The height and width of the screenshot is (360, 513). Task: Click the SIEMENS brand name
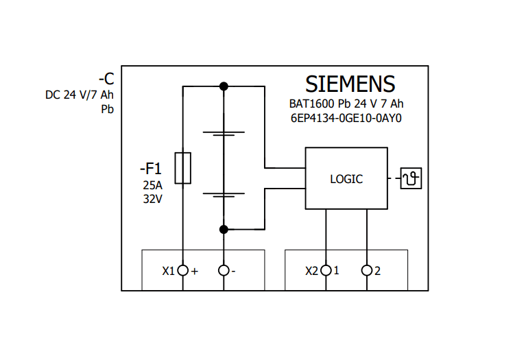click(x=350, y=84)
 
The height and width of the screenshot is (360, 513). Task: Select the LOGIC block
click(x=346, y=178)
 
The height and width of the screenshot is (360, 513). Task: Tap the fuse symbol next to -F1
click(x=182, y=168)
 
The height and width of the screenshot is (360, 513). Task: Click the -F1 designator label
click(x=150, y=168)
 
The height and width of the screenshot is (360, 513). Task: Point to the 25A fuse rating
click(x=153, y=185)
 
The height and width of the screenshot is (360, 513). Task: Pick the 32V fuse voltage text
click(x=153, y=200)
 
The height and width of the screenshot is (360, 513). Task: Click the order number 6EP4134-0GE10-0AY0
click(x=346, y=118)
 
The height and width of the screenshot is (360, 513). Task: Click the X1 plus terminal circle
click(x=182, y=270)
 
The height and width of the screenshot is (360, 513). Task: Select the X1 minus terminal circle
click(x=224, y=270)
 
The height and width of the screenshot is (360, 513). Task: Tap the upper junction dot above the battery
click(x=224, y=86)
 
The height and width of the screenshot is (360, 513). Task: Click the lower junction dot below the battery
click(x=224, y=228)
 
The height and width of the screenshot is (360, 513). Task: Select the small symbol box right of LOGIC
click(x=411, y=179)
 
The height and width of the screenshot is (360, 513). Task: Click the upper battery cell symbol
click(x=224, y=133)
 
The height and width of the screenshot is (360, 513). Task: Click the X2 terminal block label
click(x=311, y=271)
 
